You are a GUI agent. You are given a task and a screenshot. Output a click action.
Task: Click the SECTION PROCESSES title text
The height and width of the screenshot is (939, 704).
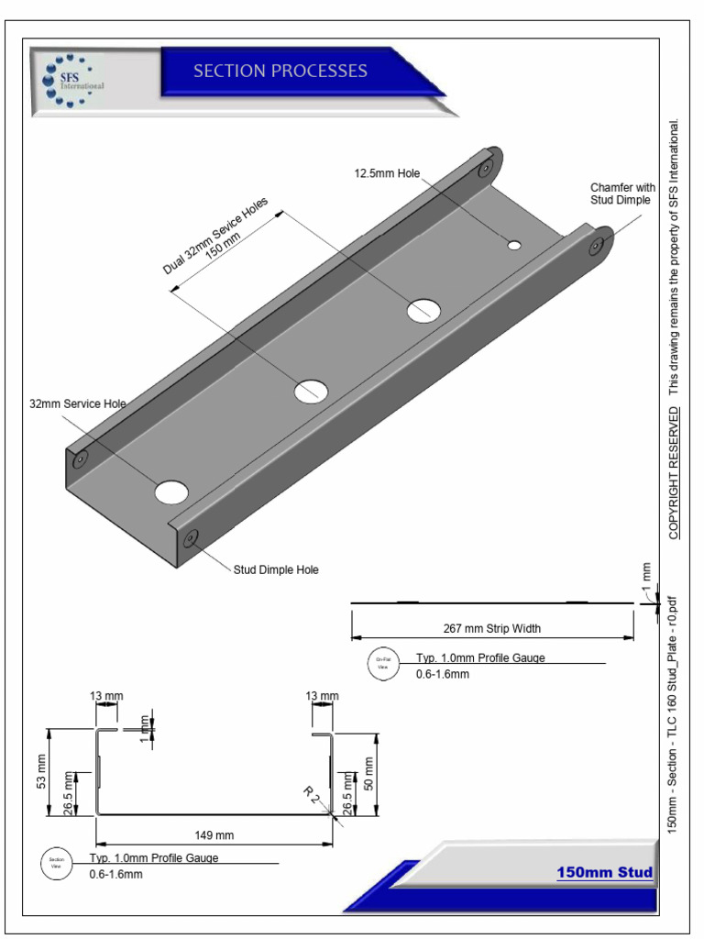pos(280,72)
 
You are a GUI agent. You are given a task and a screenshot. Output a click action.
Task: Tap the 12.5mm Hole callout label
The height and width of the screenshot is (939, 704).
pos(387,173)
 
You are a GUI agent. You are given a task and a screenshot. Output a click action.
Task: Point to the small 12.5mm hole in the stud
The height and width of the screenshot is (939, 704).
pos(514,245)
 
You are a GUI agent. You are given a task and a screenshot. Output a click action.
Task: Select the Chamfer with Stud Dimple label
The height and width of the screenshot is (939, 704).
pos(622,193)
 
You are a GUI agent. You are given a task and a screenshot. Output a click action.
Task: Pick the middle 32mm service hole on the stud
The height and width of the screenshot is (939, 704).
pos(311,391)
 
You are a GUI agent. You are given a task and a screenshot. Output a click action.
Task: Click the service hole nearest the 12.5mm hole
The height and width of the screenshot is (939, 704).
pos(424,311)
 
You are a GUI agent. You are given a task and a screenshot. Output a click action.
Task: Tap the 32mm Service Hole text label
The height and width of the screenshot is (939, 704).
pos(77,403)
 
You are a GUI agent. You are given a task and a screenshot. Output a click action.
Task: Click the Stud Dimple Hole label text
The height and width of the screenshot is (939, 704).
pos(276,569)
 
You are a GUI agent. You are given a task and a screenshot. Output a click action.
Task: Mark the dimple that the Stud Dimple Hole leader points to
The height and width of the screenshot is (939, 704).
pos(191,538)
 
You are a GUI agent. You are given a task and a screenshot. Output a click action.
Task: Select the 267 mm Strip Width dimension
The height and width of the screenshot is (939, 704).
pos(492,629)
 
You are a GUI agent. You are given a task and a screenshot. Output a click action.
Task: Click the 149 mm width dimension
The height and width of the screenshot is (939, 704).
pos(214,834)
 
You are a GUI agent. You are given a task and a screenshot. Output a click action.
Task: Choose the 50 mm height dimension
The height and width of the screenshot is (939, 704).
pos(369,773)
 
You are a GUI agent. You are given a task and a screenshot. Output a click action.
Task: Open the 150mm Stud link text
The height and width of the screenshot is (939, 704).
pos(604,872)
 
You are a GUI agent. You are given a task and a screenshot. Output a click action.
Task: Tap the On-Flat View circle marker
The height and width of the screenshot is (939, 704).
pos(384,663)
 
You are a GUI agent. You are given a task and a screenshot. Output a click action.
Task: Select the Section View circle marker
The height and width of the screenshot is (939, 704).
pos(54,864)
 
